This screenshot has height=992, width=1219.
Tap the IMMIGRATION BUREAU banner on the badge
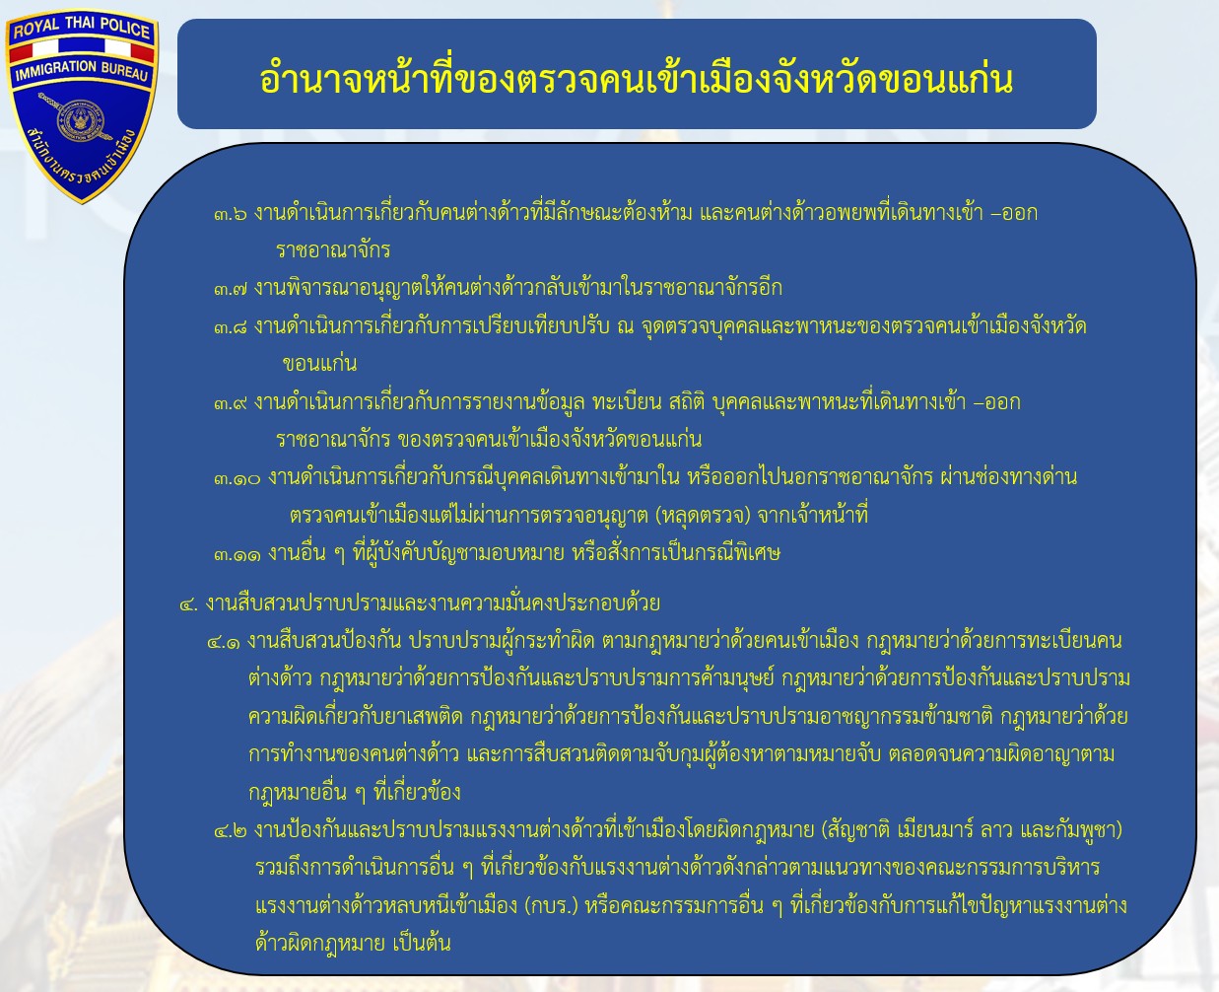(81, 70)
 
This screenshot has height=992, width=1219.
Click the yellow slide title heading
(637, 79)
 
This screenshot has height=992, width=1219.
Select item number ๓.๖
(230, 214)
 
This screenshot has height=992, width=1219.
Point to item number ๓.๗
(230, 289)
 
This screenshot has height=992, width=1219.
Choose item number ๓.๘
(230, 327)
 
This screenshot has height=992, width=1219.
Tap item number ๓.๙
(230, 403)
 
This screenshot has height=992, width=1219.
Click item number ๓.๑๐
(237, 478)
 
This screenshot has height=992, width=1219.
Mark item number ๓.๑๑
(237, 554)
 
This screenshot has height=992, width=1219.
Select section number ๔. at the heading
(188, 604)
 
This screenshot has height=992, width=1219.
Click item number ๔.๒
(230, 831)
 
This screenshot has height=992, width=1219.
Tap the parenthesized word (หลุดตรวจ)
(703, 516)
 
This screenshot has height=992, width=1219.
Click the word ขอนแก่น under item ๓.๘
(319, 363)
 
